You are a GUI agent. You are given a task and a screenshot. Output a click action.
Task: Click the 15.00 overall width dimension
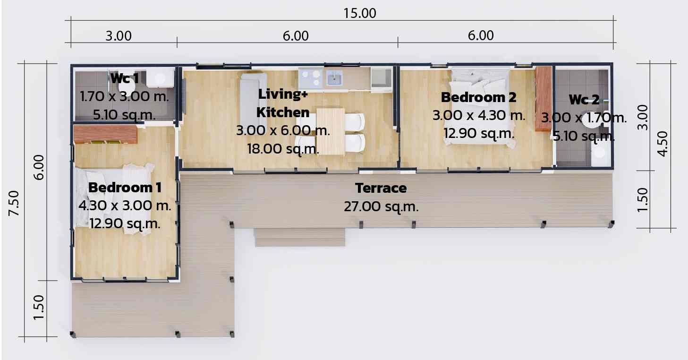coord(360,14)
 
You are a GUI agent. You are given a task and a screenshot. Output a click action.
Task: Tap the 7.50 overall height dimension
coord(14,203)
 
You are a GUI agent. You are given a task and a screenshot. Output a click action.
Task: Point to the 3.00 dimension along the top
coord(119,36)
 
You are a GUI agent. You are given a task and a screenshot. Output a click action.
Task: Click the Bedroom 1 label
coord(125,188)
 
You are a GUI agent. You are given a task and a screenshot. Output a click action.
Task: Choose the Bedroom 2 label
coord(478,97)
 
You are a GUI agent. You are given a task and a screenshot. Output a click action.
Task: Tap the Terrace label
coord(381,188)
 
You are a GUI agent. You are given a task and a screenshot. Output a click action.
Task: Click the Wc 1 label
coord(125,78)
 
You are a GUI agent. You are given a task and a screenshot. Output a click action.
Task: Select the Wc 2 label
coord(584,100)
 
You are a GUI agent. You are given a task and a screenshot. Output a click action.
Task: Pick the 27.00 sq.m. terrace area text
coord(381,207)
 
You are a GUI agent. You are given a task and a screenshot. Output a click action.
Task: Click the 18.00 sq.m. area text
coord(283,149)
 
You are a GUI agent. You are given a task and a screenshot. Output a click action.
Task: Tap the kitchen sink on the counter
coord(334,78)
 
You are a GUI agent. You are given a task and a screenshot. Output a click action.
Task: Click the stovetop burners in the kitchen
coord(311,77)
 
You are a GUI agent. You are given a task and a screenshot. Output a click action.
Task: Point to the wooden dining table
coord(331,131)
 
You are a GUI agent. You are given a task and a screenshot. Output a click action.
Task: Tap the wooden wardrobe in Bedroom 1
coord(105,134)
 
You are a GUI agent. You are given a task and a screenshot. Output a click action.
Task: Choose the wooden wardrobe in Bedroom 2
coord(544,98)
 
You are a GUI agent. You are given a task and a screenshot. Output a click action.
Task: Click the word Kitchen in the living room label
coord(283,112)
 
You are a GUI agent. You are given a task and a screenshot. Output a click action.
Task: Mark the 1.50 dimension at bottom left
coord(39,308)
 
